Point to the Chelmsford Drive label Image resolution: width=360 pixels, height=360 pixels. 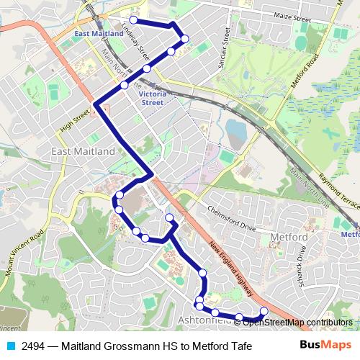coord(232,217)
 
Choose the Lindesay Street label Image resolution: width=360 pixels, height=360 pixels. coord(135,40)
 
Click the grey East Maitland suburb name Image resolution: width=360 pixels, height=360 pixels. coord(84,152)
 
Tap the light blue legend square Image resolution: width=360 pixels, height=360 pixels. coord(12,346)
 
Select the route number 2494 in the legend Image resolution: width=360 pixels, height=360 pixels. coord(35,346)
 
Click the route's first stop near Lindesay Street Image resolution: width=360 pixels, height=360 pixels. coord(133,19)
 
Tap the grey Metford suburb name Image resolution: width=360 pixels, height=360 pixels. coord(291,238)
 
